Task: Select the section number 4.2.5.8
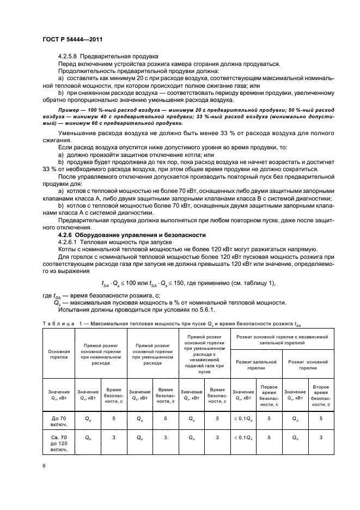point(69,56)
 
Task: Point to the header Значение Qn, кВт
point(58,395)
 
